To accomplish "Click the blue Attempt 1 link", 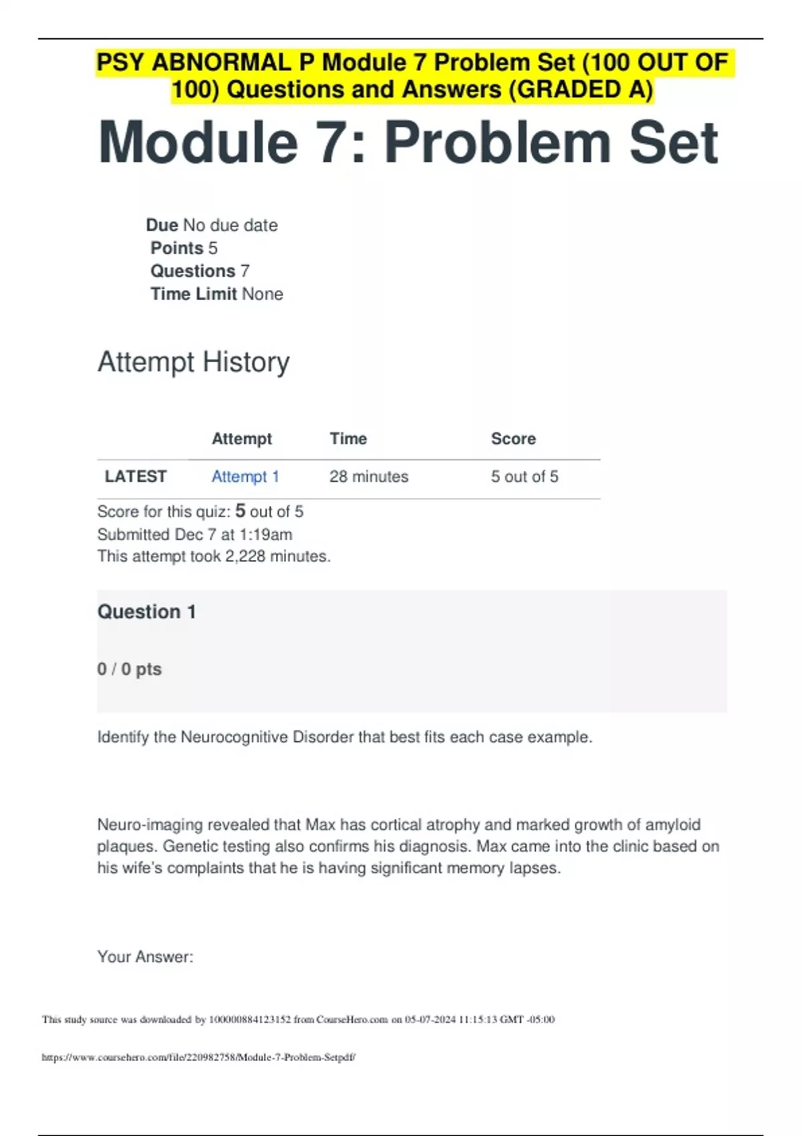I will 245,476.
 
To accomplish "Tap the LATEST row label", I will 136,476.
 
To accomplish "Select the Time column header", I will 348,439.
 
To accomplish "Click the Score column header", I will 513,439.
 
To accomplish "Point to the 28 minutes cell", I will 368,476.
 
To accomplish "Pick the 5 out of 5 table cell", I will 524,476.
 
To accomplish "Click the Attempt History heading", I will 194,362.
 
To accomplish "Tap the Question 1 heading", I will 146,612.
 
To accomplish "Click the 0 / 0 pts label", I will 130,669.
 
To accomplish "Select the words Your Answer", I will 145,957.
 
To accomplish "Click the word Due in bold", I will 162,225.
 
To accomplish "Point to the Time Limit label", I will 193,294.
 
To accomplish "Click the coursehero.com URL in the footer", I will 198,1058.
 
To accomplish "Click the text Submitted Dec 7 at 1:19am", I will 194,535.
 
